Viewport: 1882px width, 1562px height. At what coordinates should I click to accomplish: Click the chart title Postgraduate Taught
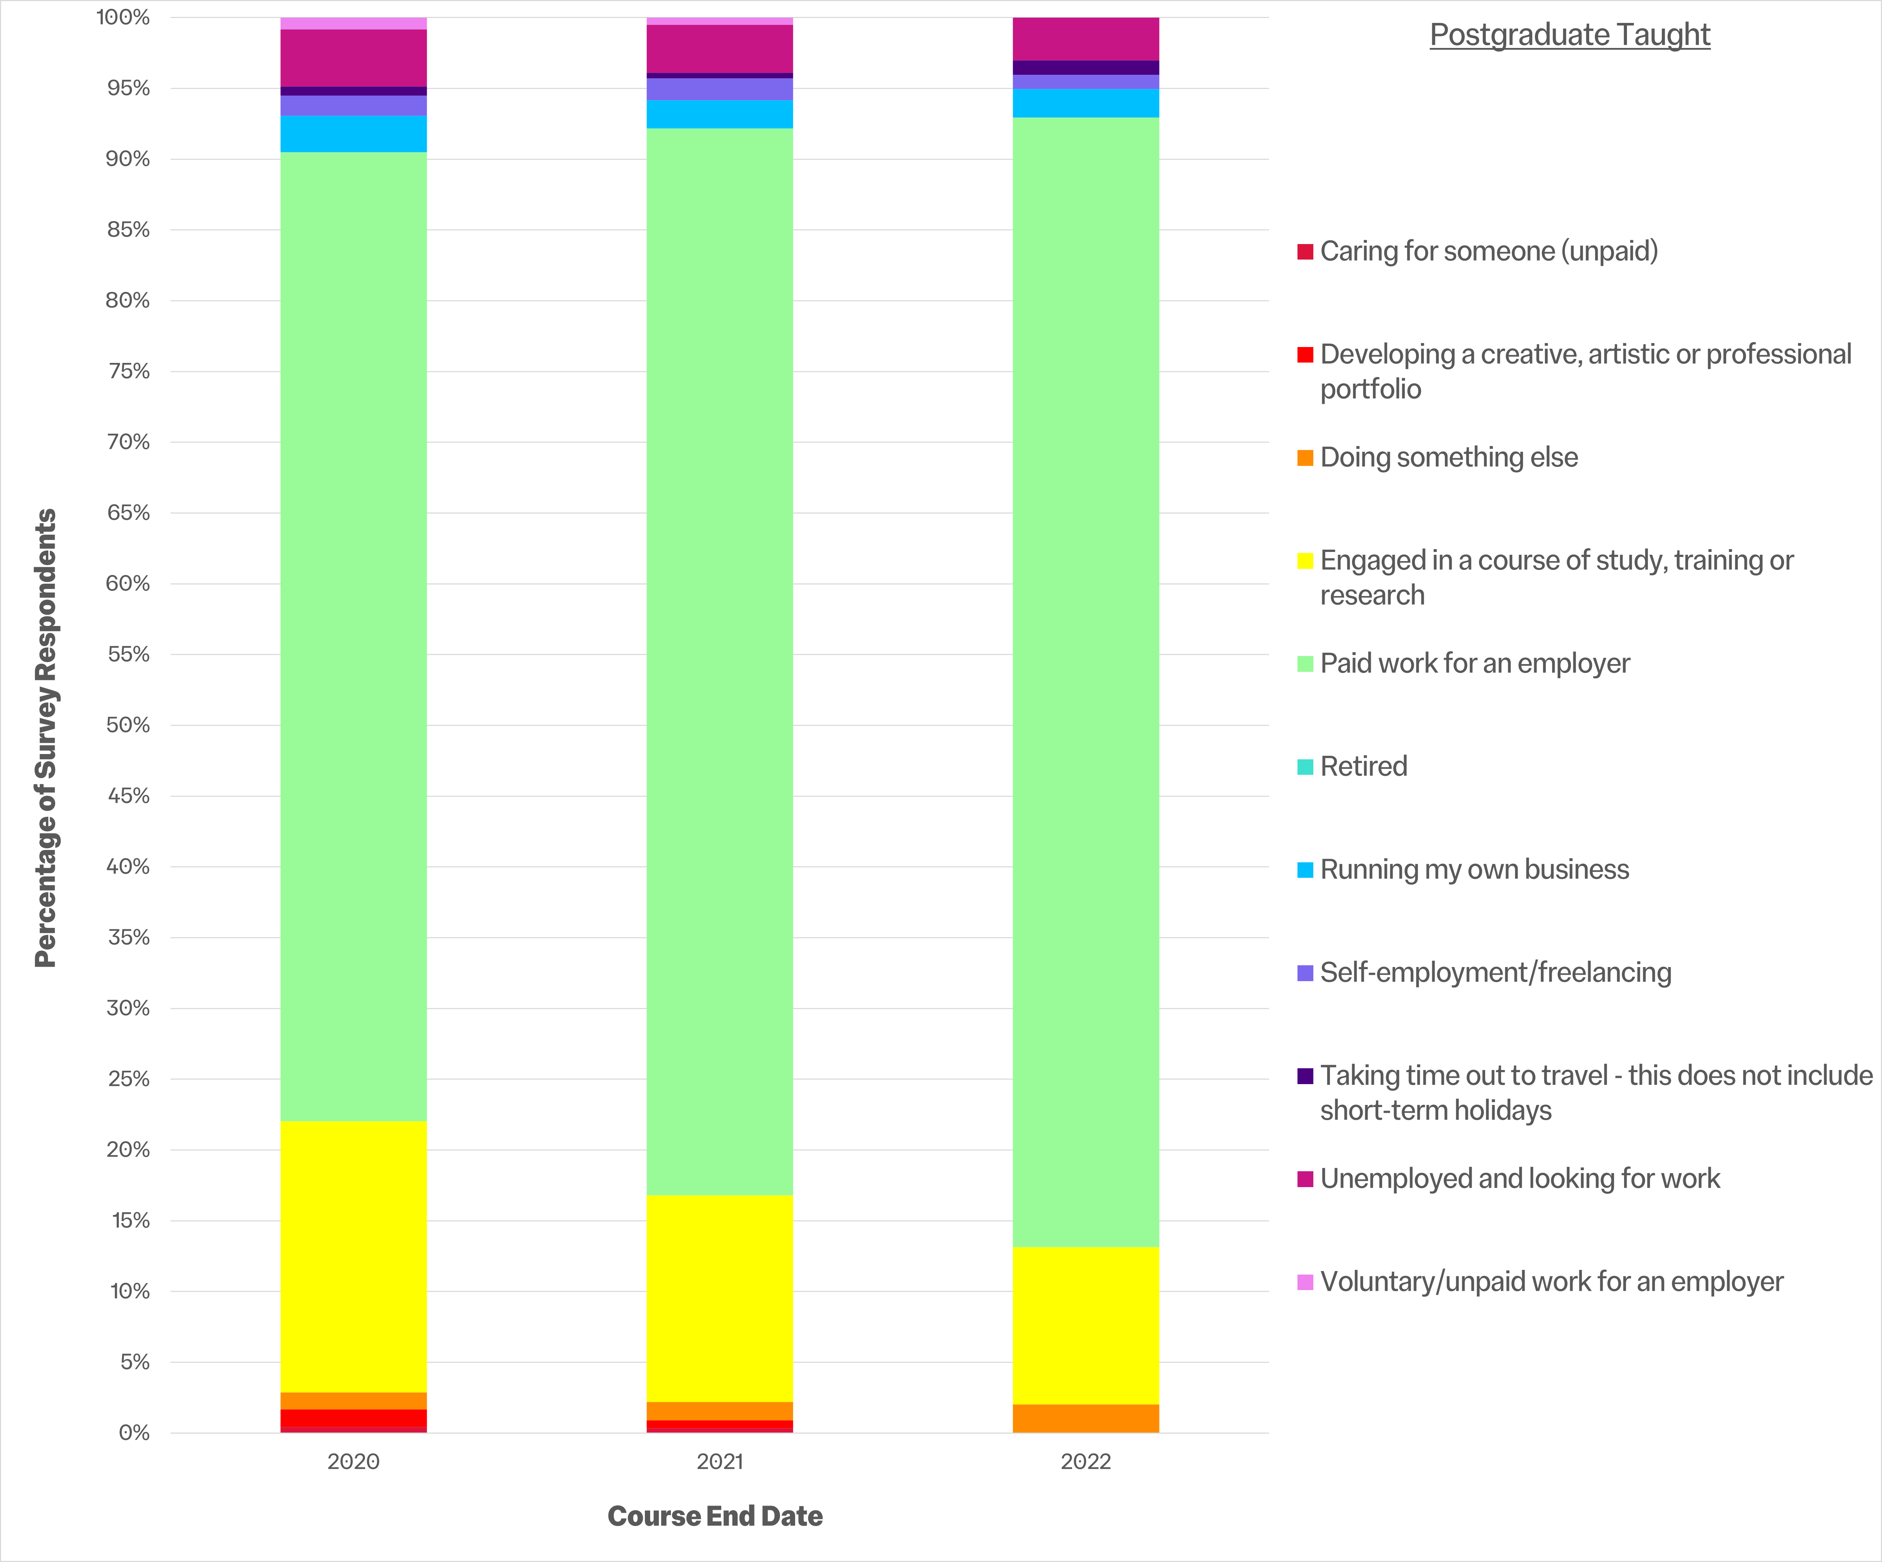tap(1569, 35)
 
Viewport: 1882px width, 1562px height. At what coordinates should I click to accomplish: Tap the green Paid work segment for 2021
tap(720, 661)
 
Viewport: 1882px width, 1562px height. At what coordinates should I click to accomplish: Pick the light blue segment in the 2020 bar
tap(353, 134)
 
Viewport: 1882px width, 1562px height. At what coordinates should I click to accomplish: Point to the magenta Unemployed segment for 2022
tap(1085, 38)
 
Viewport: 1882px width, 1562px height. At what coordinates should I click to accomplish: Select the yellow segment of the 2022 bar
tap(1085, 1325)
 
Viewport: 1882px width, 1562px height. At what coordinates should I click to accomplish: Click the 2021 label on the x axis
tap(720, 1461)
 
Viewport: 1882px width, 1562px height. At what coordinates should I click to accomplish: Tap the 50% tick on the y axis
tap(128, 725)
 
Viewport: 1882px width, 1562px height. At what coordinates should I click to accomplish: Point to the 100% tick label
tap(124, 18)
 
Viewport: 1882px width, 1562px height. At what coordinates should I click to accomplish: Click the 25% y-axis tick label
tap(128, 1079)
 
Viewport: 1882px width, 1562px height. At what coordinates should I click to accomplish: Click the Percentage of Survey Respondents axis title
tap(46, 737)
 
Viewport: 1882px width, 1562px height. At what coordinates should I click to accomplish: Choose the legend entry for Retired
tap(1363, 766)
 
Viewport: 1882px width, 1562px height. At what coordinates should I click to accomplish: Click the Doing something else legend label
tap(1448, 457)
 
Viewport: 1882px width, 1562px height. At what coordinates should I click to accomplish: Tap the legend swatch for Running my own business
tap(1305, 869)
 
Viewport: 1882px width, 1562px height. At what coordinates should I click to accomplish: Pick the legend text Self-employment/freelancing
tap(1495, 972)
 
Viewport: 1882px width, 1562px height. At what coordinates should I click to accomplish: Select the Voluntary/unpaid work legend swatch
tap(1305, 1282)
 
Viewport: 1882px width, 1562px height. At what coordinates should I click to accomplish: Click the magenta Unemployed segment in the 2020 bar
tap(353, 58)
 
